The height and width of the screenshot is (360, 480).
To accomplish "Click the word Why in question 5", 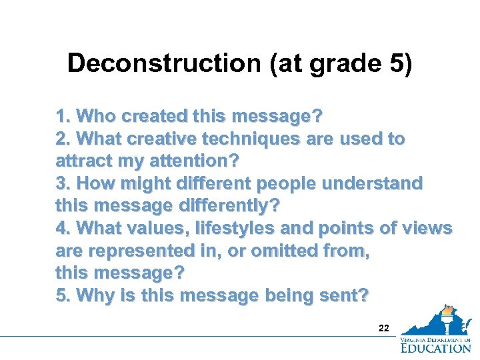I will pyautogui.click(x=97, y=295).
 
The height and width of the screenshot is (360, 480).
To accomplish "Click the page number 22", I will pyautogui.click(x=383, y=328).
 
